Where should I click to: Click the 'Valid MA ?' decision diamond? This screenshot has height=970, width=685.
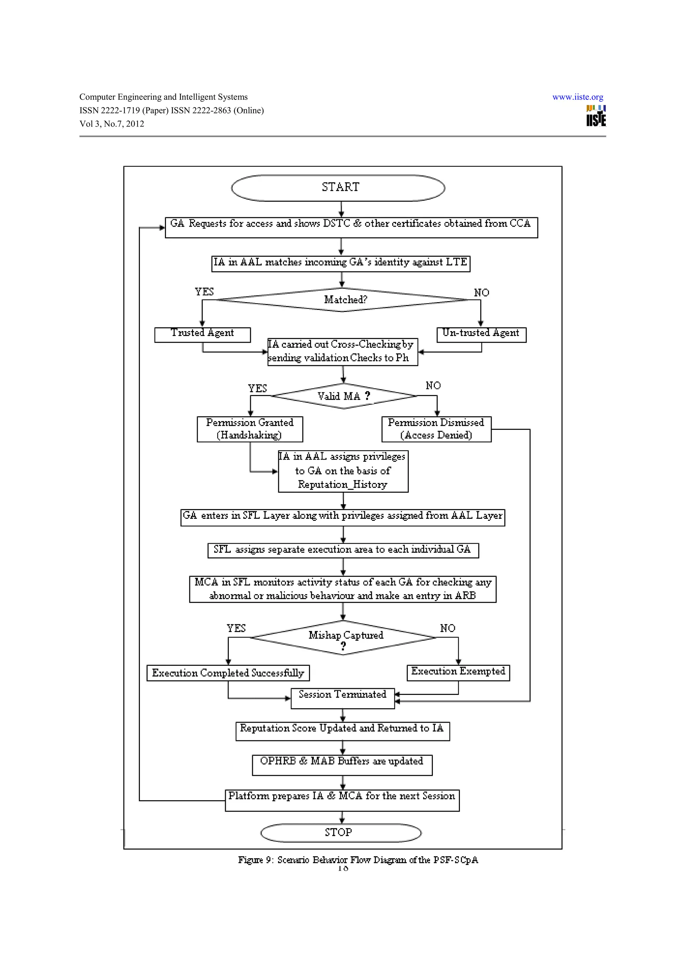pos(344,396)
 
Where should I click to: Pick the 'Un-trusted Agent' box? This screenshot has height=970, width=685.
pos(481,335)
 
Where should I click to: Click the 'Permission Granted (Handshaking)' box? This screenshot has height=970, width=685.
pos(250,429)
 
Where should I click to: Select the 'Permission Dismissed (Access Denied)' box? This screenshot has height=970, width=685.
pos(436,429)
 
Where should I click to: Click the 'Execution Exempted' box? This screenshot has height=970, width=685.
pos(458,672)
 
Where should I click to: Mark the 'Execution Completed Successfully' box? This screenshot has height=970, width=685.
pos(228,673)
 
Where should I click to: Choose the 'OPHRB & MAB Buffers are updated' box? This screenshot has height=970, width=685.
pos(342,765)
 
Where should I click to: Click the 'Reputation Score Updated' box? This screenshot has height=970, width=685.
pos(342,731)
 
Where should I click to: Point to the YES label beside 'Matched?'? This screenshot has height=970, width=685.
pos(204,292)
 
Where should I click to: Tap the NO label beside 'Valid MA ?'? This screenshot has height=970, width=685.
pos(433,386)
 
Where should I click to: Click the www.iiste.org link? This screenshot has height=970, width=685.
pos(577,97)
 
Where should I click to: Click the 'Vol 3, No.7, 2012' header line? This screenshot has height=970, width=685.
pos(112,124)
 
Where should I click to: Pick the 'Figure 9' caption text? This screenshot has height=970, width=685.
pos(358,860)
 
